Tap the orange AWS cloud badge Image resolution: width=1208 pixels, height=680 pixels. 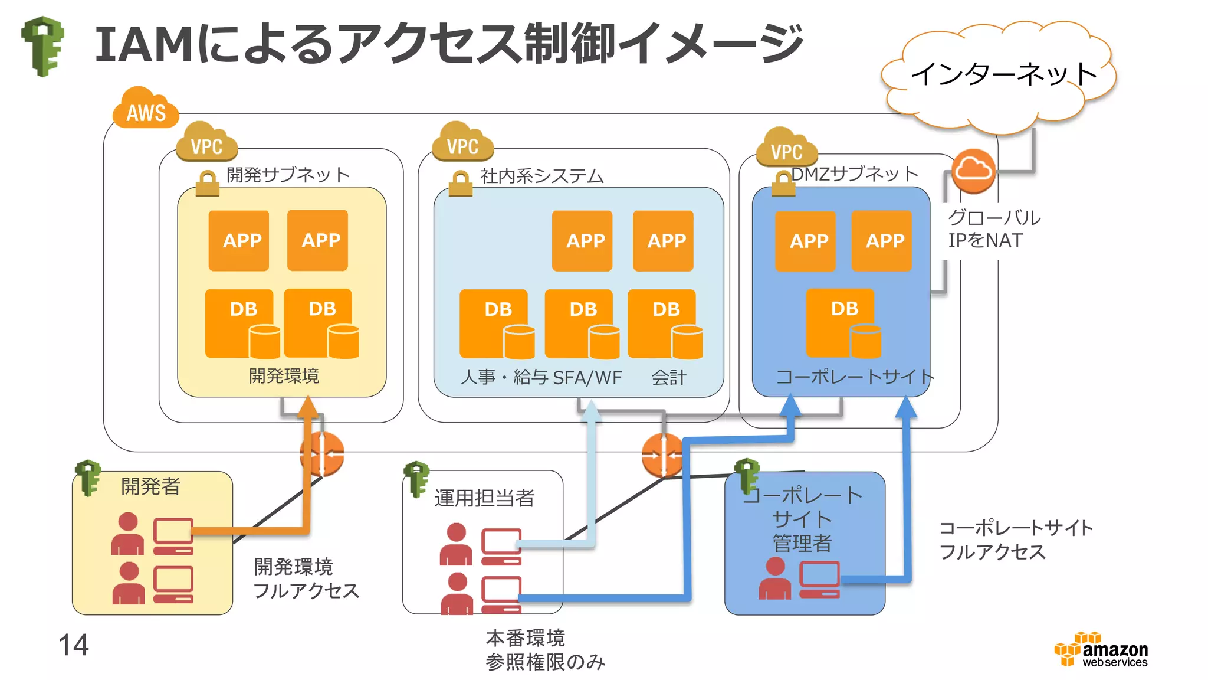[x=146, y=110]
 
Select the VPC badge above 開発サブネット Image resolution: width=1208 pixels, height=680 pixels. [x=206, y=143]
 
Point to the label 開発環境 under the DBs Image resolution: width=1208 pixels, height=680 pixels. [x=284, y=376]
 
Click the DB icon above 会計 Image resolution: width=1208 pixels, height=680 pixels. [x=665, y=323]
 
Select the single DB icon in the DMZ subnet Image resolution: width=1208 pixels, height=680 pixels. [x=843, y=323]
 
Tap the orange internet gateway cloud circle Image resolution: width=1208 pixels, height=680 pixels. [x=973, y=171]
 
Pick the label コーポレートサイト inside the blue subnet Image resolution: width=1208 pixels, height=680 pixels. [x=854, y=376]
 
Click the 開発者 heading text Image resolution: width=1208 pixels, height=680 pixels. [x=150, y=486]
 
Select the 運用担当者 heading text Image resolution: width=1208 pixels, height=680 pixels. [x=484, y=498]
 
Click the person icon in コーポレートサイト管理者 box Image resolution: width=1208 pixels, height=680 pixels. [x=774, y=578]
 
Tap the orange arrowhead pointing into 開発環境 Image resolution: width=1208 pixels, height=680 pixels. [x=308, y=407]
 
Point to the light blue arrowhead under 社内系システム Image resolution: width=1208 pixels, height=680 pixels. [x=590, y=411]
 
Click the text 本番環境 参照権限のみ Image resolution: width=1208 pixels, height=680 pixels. [x=544, y=650]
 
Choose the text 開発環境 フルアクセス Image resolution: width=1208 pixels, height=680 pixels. [x=306, y=578]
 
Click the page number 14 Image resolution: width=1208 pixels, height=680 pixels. [x=74, y=645]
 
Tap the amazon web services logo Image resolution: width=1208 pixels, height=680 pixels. [x=1101, y=650]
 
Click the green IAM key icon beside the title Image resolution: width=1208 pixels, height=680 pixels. [x=43, y=46]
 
